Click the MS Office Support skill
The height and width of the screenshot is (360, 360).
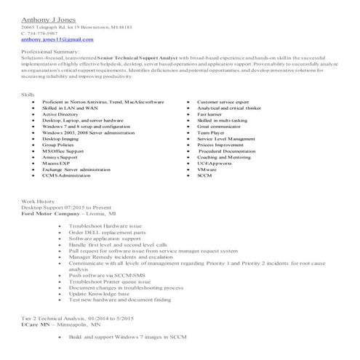pos(63,151)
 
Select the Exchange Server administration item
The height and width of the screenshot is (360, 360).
pos(76,169)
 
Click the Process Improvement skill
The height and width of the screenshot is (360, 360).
pos(220,145)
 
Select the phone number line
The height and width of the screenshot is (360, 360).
pos(45,33)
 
